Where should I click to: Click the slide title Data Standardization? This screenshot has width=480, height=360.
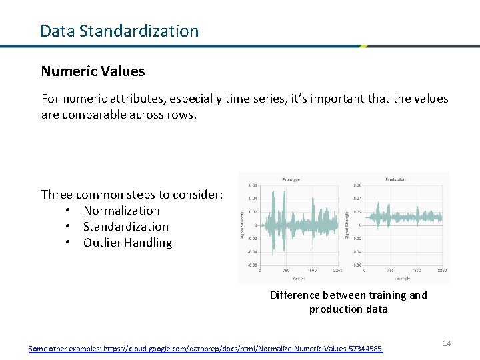[119, 31]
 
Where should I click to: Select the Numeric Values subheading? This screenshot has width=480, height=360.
[93, 71]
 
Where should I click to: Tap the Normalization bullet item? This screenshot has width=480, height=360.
[121, 211]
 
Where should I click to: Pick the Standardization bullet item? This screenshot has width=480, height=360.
[125, 227]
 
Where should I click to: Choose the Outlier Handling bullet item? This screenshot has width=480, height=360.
[127, 243]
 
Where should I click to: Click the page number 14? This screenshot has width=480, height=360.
[447, 343]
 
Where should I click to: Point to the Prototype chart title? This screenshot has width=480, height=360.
[291, 179]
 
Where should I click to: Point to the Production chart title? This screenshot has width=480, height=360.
[395, 179]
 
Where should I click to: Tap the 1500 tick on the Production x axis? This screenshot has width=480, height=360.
[417, 271]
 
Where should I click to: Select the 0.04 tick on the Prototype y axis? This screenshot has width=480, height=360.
[253, 199]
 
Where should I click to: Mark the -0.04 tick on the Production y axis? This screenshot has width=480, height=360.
[358, 251]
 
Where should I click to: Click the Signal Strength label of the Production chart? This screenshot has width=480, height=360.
[347, 225]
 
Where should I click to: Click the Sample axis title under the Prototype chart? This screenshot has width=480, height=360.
[299, 277]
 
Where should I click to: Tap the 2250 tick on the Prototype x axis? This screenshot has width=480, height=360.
[337, 271]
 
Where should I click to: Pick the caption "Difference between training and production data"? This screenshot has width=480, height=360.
[348, 302]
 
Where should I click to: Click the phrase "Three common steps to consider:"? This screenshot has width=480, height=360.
[132, 195]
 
